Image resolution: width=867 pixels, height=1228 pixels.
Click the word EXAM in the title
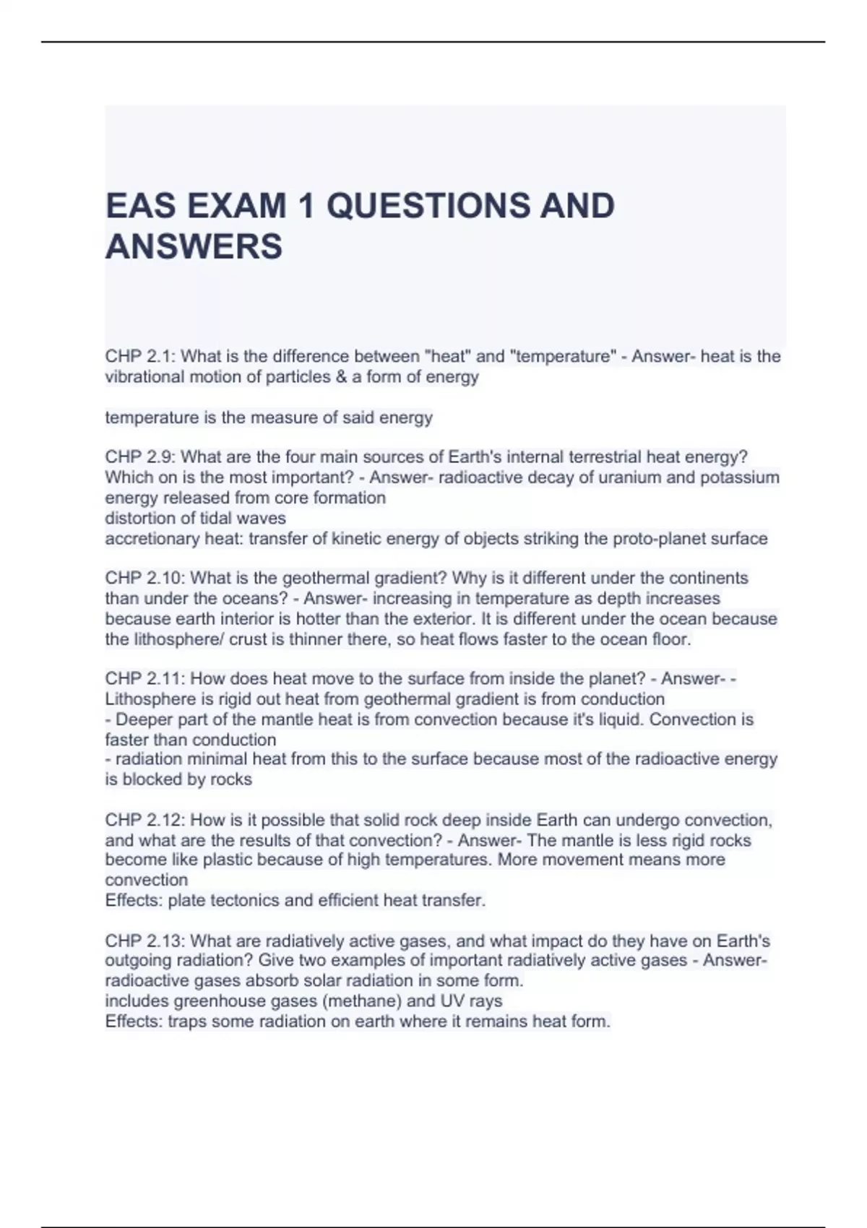pos(237,206)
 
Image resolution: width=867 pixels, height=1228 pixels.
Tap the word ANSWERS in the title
pos(194,246)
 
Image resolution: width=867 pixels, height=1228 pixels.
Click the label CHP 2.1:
pos(140,356)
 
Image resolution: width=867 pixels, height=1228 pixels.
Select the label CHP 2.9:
pos(140,457)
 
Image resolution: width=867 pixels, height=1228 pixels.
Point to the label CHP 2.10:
pos(145,578)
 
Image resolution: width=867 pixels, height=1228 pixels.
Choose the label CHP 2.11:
pos(145,678)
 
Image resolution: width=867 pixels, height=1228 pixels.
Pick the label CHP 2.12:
pos(145,820)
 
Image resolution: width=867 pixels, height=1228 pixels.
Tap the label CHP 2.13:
pos(145,941)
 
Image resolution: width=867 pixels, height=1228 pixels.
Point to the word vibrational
pos(144,377)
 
